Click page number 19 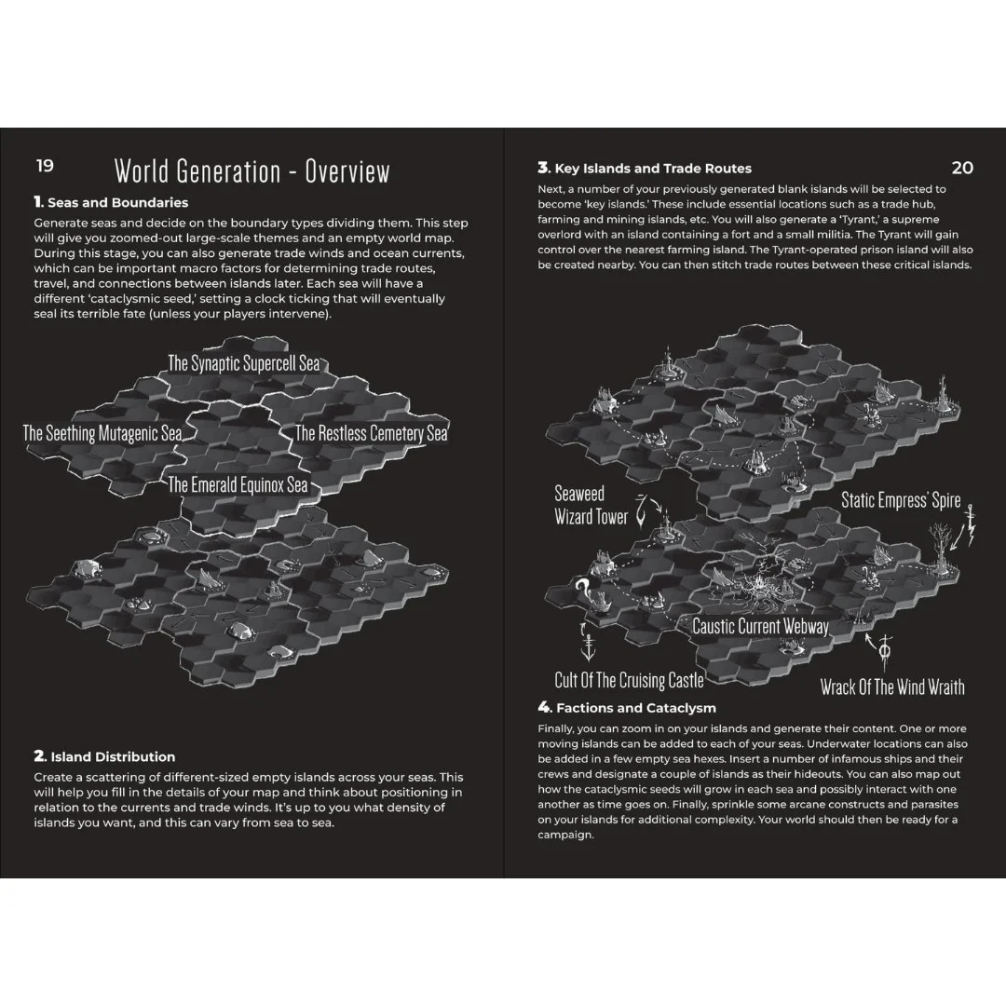tap(45, 166)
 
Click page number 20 tap(962, 168)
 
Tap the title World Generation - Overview tap(252, 171)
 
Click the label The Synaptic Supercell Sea tap(244, 363)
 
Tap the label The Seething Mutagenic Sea tap(102, 433)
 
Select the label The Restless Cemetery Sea tap(371, 433)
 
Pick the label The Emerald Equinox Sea tap(238, 484)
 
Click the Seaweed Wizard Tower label tap(591, 505)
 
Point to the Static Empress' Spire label tap(901, 500)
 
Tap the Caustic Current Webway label tap(760, 626)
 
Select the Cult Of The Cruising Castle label tap(629, 680)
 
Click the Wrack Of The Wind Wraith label tap(892, 687)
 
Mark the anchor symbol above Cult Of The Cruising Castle tap(588, 646)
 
